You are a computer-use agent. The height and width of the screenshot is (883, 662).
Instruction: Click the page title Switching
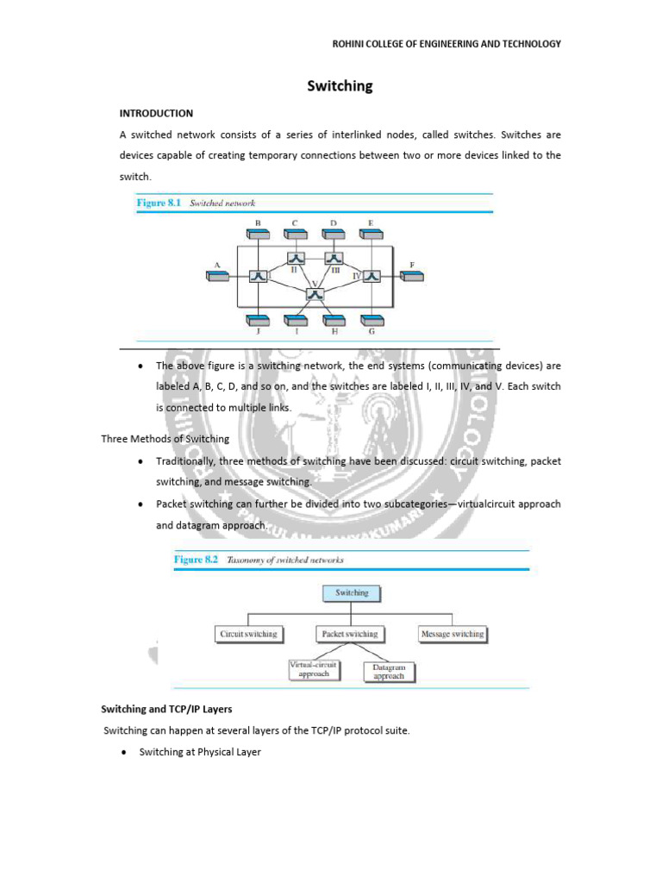pos(340,86)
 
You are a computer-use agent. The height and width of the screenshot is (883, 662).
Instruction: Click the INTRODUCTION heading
pos(155,113)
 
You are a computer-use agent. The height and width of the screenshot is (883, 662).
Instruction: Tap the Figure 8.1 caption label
pos(161,203)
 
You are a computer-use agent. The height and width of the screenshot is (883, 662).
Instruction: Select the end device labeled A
pos(216,275)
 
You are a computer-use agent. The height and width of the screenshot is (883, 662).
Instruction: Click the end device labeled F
pos(411,275)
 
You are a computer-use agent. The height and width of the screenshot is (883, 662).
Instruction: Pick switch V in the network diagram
pos(315,294)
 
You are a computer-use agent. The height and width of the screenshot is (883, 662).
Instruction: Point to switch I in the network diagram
pos(258,275)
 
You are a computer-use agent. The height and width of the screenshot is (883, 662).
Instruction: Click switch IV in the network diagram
pos(372,275)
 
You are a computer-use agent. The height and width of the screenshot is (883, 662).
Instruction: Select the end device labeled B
pos(258,234)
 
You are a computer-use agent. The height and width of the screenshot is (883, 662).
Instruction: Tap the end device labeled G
pos(372,318)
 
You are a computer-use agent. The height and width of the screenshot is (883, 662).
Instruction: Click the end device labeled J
pos(258,318)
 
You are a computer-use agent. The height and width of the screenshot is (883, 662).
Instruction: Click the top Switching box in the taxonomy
pos(351,593)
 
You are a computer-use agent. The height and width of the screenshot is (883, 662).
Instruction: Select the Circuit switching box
pos(248,634)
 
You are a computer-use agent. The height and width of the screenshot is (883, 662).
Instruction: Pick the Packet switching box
pos(349,634)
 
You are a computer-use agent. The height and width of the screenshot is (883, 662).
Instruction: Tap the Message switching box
pos(452,634)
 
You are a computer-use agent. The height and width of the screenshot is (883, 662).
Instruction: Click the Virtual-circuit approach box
pos(313,669)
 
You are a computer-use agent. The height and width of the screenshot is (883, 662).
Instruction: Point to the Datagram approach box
pos(388,672)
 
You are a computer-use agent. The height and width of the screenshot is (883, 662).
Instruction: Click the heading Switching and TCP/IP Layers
pos(166,709)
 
